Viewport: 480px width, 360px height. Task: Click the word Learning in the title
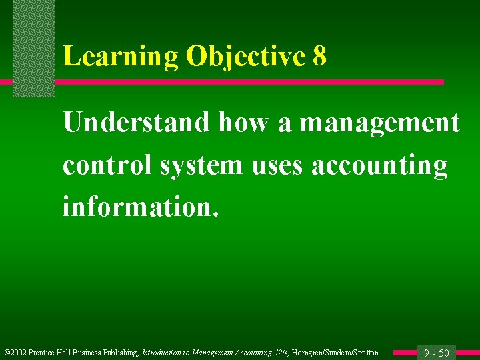120,57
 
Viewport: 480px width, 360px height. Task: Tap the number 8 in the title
319,57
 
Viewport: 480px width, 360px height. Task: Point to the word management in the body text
379,123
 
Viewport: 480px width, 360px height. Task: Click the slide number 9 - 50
437,353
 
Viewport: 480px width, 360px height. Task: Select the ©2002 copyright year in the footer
15,353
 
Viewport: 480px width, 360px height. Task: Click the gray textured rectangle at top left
33,47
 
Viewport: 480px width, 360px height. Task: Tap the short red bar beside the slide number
404,353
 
